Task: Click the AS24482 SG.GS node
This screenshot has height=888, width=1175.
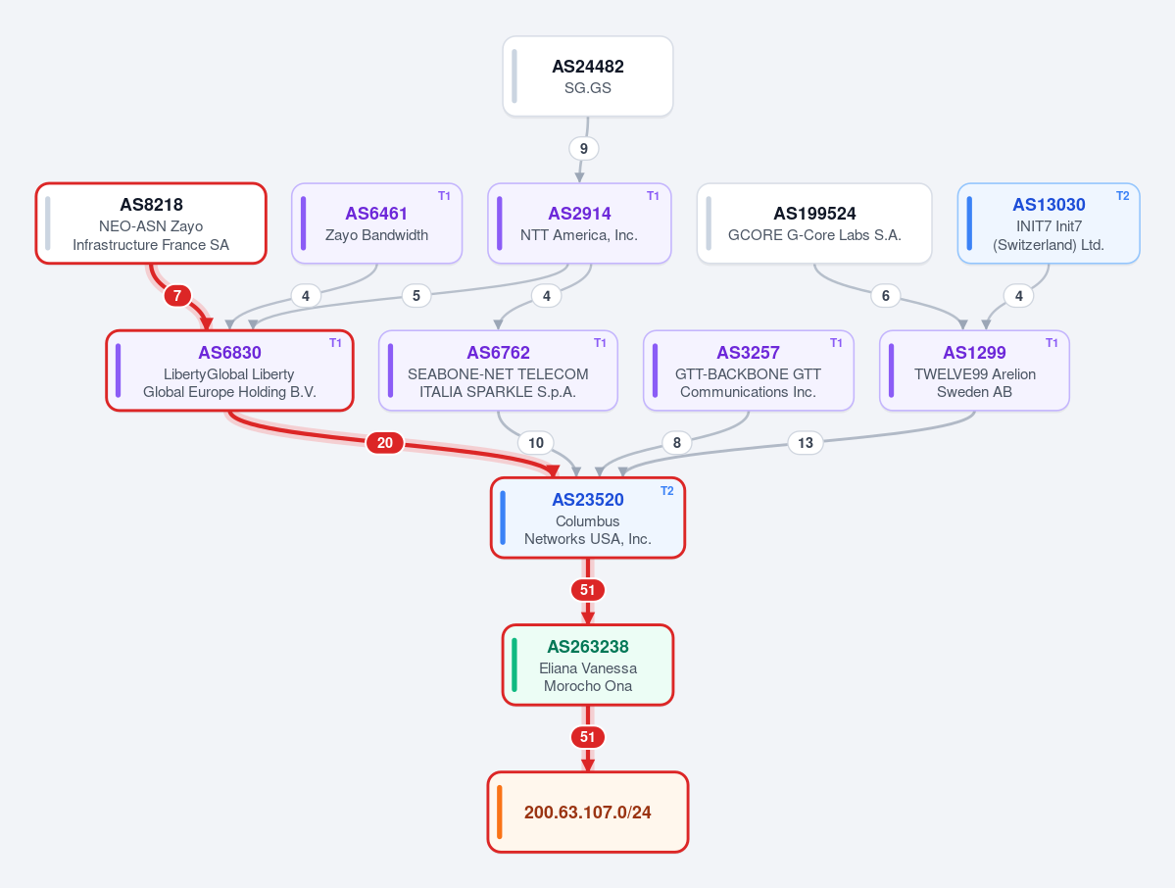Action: [x=588, y=76]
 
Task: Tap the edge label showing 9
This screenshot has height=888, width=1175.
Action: [x=584, y=148]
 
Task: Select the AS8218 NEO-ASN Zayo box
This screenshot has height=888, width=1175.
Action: [x=151, y=223]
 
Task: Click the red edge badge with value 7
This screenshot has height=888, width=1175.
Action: [x=176, y=295]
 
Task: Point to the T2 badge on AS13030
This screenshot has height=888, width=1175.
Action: [x=1122, y=196]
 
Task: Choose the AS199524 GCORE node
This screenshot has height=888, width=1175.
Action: [x=814, y=223]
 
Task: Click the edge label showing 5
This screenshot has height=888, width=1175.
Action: [x=416, y=295]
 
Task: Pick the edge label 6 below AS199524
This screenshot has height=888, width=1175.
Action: [x=886, y=295]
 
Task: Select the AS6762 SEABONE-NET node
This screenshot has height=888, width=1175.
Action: [x=499, y=370]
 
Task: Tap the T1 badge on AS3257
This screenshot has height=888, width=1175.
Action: [x=836, y=342]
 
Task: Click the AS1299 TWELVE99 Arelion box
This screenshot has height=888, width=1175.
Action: [x=974, y=370]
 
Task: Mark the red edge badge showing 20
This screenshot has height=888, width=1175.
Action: [x=385, y=443]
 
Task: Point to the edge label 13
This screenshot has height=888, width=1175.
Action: [x=806, y=443]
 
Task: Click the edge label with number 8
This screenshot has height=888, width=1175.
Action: [x=676, y=443]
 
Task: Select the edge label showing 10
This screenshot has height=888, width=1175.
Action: [x=536, y=443]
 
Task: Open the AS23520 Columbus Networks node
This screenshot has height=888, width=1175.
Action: [x=588, y=518]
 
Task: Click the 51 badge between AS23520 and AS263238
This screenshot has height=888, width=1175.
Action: [x=588, y=590]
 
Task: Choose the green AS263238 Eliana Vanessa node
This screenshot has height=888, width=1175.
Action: [x=588, y=665]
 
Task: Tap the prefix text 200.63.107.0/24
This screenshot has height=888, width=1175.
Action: [x=588, y=813]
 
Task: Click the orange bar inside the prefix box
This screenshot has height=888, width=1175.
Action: [x=499, y=812]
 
